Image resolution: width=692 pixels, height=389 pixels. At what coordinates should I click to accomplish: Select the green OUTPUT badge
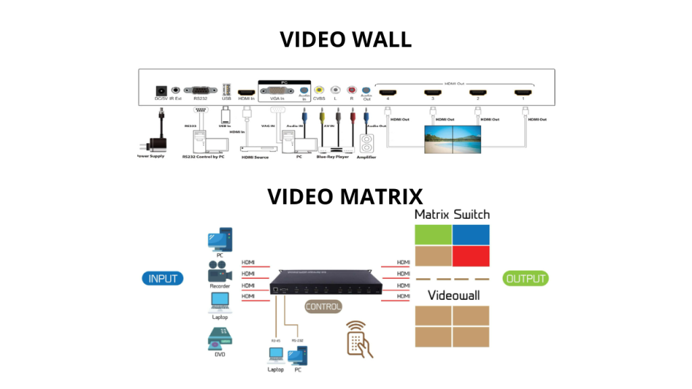click(525, 278)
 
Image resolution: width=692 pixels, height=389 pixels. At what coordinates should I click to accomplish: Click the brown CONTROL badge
click(323, 307)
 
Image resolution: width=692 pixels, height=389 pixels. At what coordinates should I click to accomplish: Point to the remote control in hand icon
click(360, 338)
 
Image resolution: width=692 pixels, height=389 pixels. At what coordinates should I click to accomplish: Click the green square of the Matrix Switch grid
click(432, 234)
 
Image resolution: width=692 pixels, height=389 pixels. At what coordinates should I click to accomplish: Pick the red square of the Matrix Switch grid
click(471, 256)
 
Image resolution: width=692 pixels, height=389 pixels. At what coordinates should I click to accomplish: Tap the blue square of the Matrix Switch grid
click(471, 234)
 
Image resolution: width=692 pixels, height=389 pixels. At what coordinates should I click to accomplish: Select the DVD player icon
click(220, 338)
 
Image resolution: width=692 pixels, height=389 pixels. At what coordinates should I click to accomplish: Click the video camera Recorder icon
click(220, 273)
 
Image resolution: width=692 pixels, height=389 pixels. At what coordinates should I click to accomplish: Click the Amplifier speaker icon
click(367, 144)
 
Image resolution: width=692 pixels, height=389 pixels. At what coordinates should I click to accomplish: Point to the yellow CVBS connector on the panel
click(319, 90)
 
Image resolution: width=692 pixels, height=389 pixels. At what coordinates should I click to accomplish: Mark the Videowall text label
click(451, 295)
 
